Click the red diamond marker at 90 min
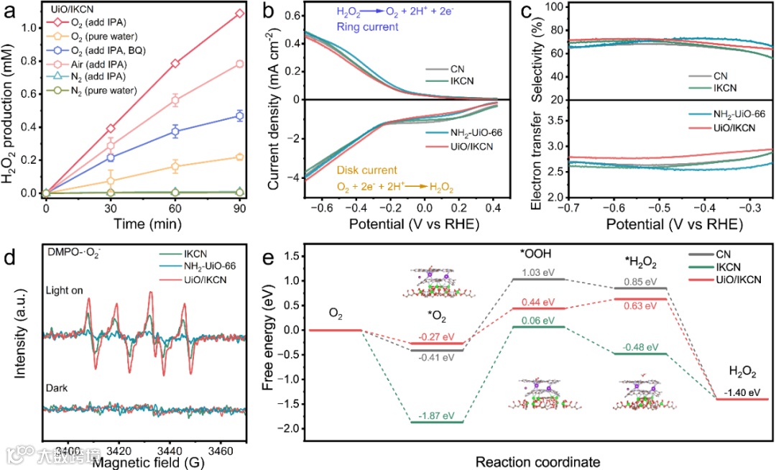coord(239,13)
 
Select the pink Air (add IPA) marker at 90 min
coord(239,64)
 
